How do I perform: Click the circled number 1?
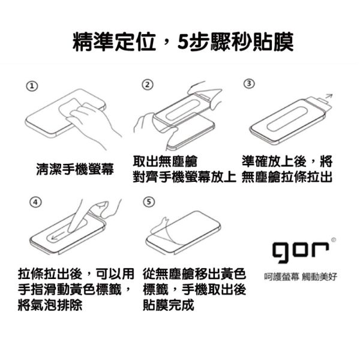click(32, 86)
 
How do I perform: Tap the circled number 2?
click(148, 85)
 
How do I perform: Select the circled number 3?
click(249, 83)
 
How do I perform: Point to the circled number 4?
click(35, 202)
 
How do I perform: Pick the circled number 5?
click(149, 202)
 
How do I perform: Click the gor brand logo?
click(301, 251)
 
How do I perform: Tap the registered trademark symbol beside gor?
click(334, 240)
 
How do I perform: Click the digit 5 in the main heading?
click(184, 43)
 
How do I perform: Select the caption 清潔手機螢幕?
click(75, 169)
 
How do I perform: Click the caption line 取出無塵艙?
click(165, 161)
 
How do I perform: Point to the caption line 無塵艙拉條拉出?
click(287, 177)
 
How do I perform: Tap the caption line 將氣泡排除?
click(50, 305)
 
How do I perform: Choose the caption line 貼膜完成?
click(168, 305)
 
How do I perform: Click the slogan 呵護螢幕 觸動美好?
click(301, 277)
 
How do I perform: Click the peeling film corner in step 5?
click(161, 227)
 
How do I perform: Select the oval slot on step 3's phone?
click(287, 119)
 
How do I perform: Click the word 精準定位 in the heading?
click(115, 42)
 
